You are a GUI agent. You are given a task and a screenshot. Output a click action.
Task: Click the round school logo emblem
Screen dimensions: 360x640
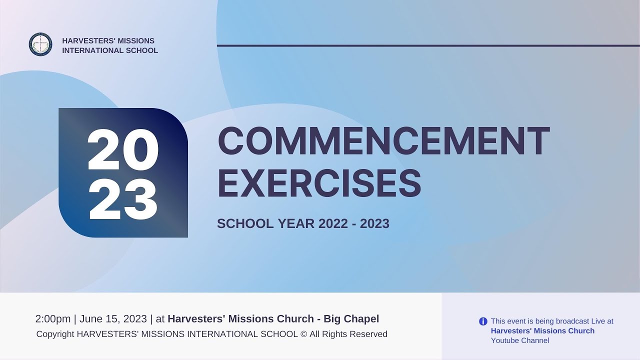pyautogui.click(x=40, y=44)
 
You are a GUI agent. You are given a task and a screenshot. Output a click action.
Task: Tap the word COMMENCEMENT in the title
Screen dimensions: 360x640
pyautogui.click(x=383, y=141)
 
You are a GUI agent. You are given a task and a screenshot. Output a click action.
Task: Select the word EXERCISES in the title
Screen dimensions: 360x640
pyautogui.click(x=319, y=183)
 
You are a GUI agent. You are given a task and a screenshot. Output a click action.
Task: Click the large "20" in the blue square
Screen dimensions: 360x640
pyautogui.click(x=123, y=149)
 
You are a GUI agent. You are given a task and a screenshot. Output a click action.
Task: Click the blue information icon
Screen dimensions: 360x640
pyautogui.click(x=483, y=321)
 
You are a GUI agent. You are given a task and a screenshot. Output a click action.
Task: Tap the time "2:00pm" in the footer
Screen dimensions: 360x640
pyautogui.click(x=53, y=319)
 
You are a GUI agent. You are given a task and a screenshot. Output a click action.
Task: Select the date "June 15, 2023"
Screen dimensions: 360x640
pyautogui.click(x=113, y=319)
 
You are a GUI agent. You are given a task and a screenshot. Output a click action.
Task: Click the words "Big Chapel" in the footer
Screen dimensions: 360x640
pyautogui.click(x=351, y=319)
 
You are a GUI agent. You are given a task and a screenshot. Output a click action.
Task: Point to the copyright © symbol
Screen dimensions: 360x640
pyautogui.click(x=303, y=334)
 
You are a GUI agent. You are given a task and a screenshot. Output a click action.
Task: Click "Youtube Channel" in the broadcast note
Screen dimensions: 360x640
pyautogui.click(x=520, y=340)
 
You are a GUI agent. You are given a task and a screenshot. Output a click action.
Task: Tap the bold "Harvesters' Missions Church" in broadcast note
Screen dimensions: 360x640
pyautogui.click(x=542, y=331)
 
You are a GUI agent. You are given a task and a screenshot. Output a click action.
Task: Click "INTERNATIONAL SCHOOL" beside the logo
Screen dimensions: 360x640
pyautogui.click(x=110, y=50)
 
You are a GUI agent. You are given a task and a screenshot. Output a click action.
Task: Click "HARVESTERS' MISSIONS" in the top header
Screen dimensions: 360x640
pyautogui.click(x=108, y=40)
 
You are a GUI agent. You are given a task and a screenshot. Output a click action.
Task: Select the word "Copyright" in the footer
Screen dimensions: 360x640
pyautogui.click(x=55, y=334)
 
